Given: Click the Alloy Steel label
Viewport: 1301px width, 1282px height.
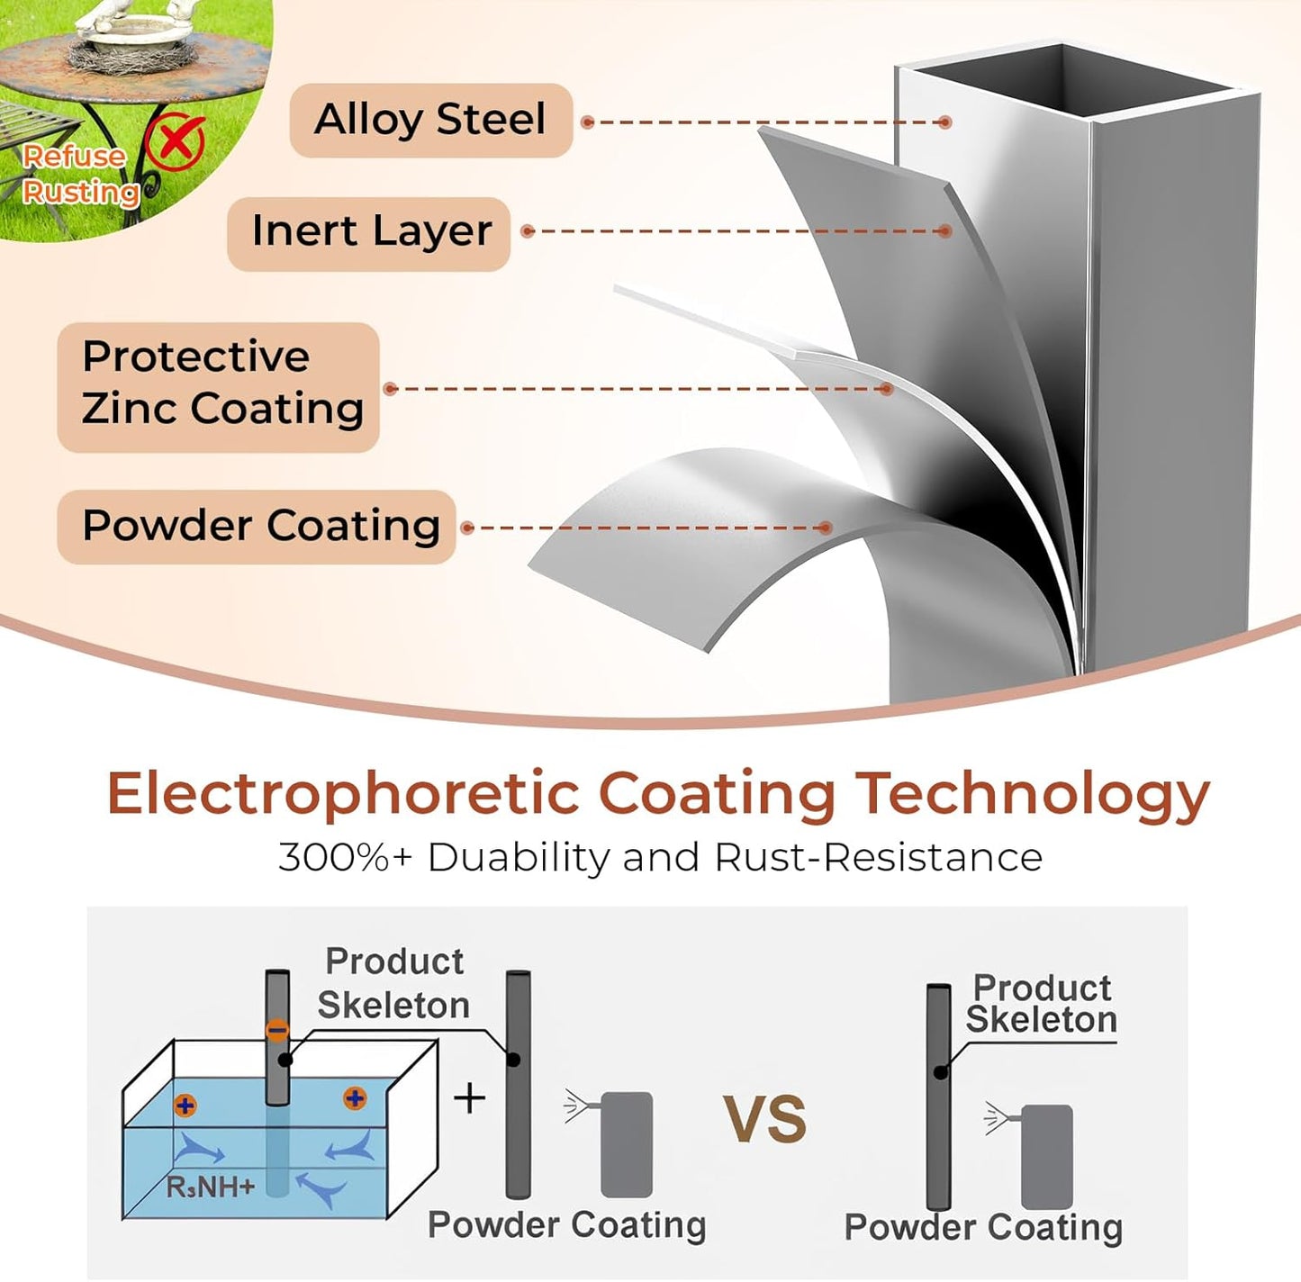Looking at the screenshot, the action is coord(430,120).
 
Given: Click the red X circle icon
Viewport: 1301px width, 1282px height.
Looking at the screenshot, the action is coord(176,141).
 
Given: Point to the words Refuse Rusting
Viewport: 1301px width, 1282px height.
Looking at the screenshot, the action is coord(80,174).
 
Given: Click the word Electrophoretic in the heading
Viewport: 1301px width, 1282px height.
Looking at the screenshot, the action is coord(344,795).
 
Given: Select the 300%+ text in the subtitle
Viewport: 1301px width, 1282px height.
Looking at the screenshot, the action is coord(344,858).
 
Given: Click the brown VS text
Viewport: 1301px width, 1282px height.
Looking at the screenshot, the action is coord(765,1119).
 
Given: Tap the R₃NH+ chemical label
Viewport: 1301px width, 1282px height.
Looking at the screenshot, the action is coord(211,1186).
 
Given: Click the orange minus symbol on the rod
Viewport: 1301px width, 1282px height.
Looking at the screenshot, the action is coord(277,1030).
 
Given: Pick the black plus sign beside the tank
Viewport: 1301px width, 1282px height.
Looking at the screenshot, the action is coord(469,1097).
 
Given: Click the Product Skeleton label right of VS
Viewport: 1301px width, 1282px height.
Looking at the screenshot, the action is coord(1041,1005).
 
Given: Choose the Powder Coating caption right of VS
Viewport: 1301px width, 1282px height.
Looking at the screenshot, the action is coord(983,1227).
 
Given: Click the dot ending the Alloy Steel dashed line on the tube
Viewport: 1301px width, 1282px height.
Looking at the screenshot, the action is coord(945,122).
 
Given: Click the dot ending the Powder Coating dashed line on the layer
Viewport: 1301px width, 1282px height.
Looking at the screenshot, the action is coord(825,528).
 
